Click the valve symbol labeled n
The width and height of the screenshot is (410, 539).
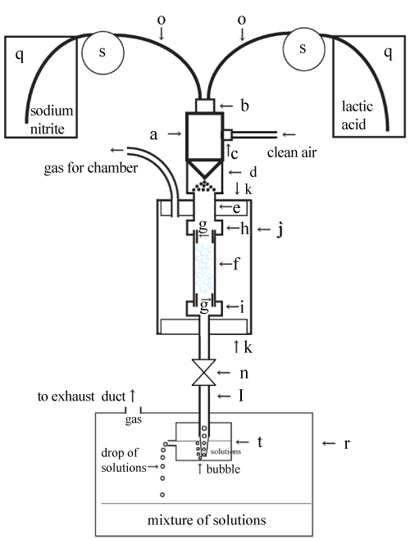point(204,373)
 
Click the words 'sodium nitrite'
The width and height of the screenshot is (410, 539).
point(52,120)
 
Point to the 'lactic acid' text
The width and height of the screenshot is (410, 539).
point(357,115)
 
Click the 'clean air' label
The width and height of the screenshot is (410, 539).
point(292,152)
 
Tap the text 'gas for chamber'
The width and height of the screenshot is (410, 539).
point(91,168)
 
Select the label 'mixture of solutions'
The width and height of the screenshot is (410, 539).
point(207,520)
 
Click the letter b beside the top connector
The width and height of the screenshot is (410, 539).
point(244,106)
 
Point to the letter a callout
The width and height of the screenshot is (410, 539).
point(153,134)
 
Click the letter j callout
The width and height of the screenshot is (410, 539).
point(280,230)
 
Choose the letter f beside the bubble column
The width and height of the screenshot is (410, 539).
point(236,264)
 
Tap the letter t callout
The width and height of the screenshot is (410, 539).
point(260,442)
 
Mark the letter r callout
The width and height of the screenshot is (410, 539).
point(347,444)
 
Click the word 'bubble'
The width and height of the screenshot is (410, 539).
point(223,469)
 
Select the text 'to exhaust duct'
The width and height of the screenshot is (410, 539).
point(81,396)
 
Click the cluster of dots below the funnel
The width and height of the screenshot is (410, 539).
point(204,186)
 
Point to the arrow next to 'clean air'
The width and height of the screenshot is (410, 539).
point(289,134)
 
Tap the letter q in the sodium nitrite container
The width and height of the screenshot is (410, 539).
point(20,54)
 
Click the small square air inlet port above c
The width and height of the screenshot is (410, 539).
point(227,134)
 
